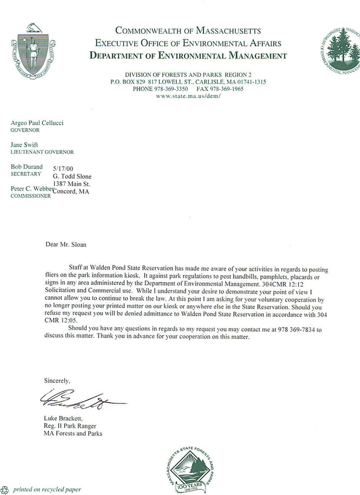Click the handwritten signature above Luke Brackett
pos(79,398)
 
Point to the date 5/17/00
pos(62,169)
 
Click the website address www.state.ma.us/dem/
pos(187,96)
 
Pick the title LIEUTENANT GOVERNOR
pos(42,152)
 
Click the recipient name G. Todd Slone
pos(72,177)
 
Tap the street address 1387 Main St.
pos(72,184)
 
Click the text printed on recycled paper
pos(47,490)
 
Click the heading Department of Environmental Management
pos(188,55)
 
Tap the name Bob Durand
pos(27,167)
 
